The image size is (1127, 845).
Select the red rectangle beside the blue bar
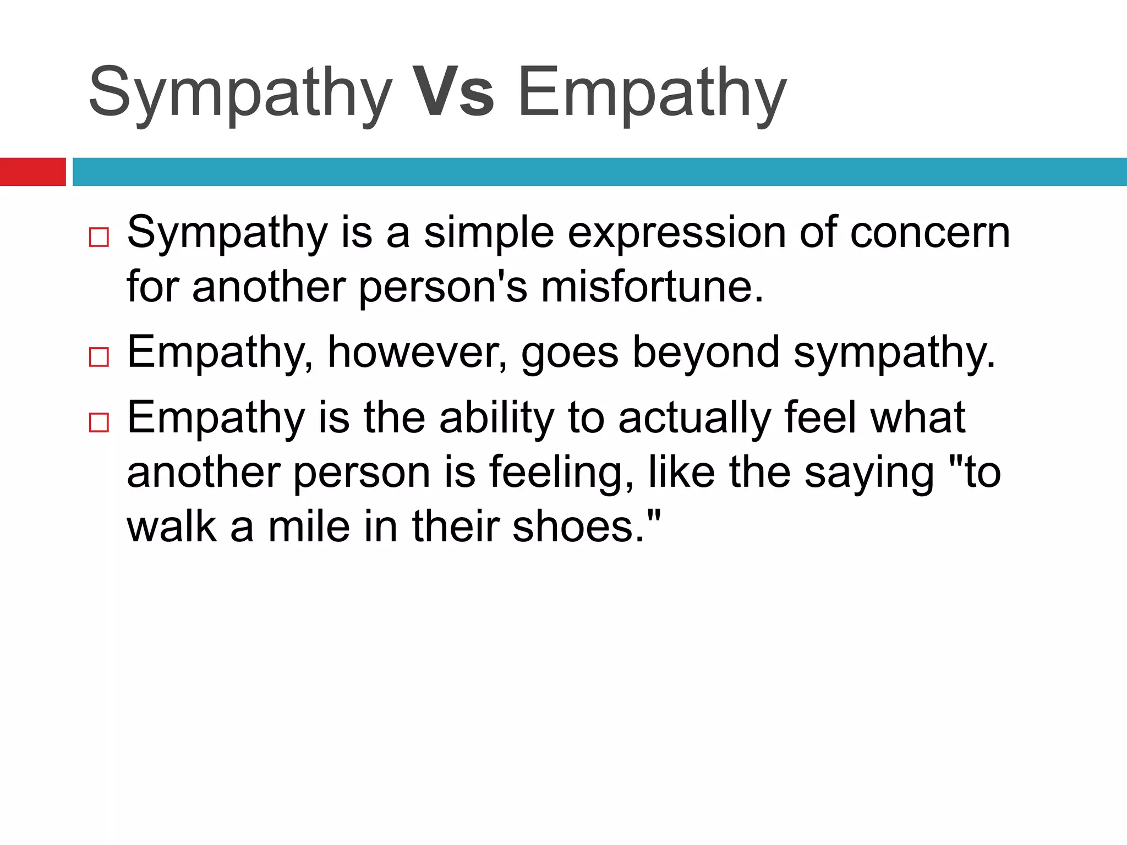pos(32,172)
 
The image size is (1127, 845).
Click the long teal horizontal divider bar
pos(599,172)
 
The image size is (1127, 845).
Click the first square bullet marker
pos(99,238)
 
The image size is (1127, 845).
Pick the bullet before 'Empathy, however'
pos(99,357)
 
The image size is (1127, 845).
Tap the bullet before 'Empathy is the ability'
pos(99,422)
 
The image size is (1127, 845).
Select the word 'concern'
pos(930,233)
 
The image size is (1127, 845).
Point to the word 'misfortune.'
pos(652,287)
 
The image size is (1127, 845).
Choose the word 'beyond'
pos(705,353)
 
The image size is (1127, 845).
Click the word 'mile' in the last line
pos(309,526)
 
